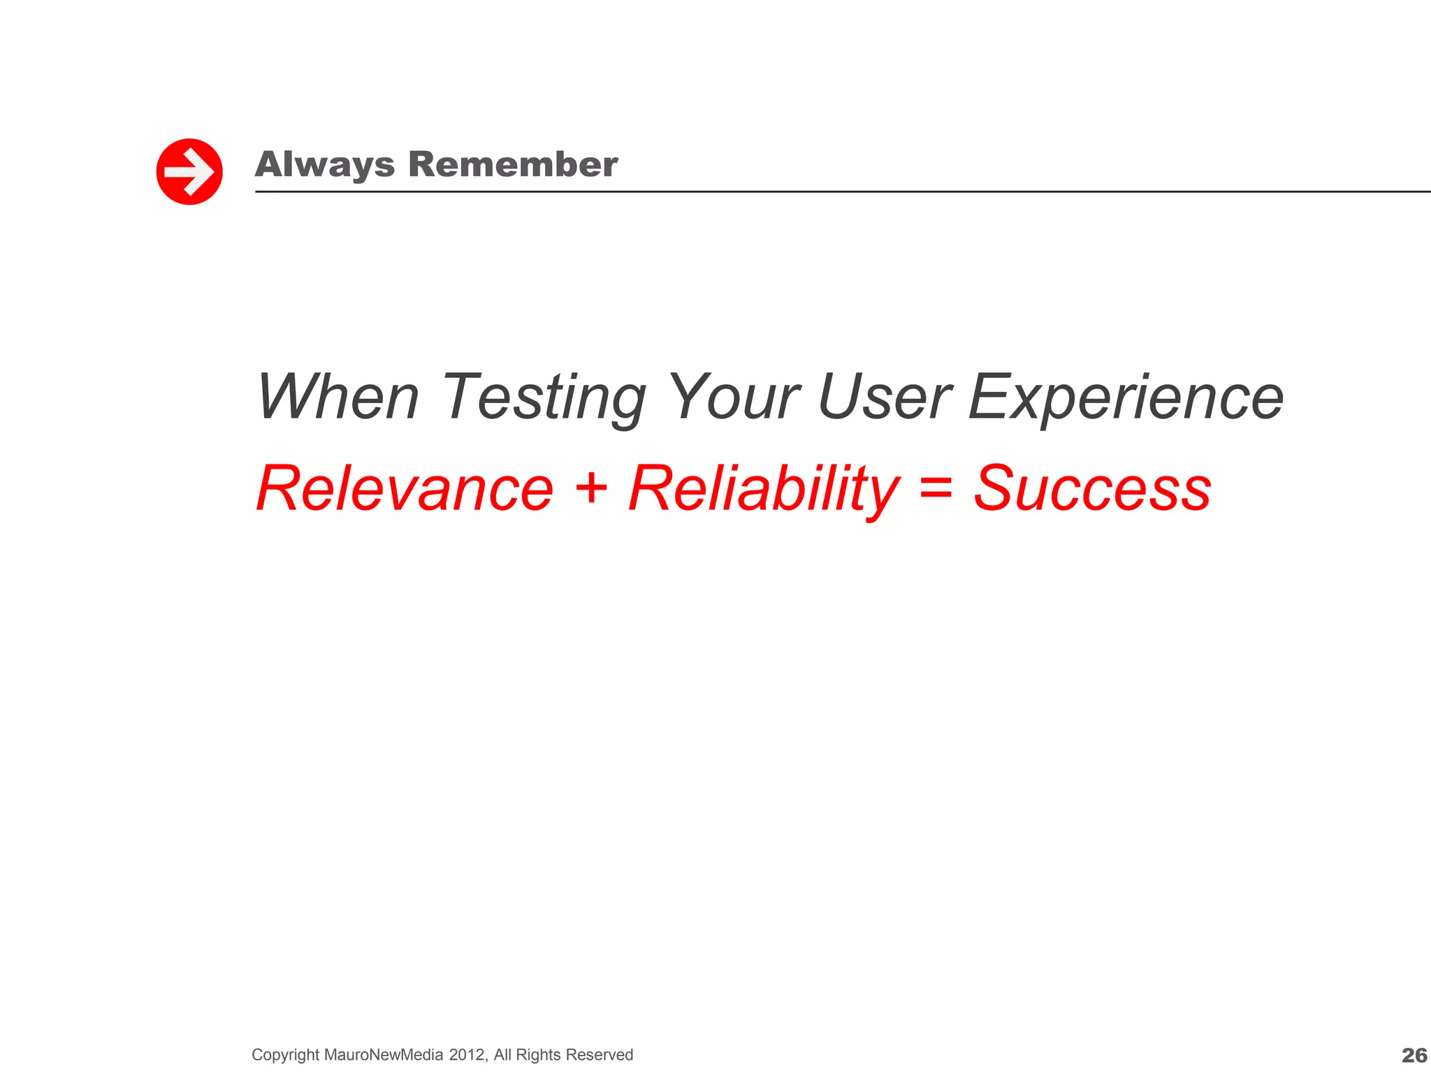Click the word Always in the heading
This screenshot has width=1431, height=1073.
pos(325,166)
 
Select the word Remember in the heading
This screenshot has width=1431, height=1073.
pos(513,165)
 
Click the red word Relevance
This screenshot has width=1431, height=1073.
pos(405,488)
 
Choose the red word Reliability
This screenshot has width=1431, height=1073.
pos(764,488)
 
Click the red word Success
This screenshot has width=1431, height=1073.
pos(1092,488)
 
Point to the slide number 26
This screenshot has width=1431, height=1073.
pos(1414,1055)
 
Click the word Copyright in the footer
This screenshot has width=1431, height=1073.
pos(285,1055)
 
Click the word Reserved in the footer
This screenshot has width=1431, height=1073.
pos(599,1055)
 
